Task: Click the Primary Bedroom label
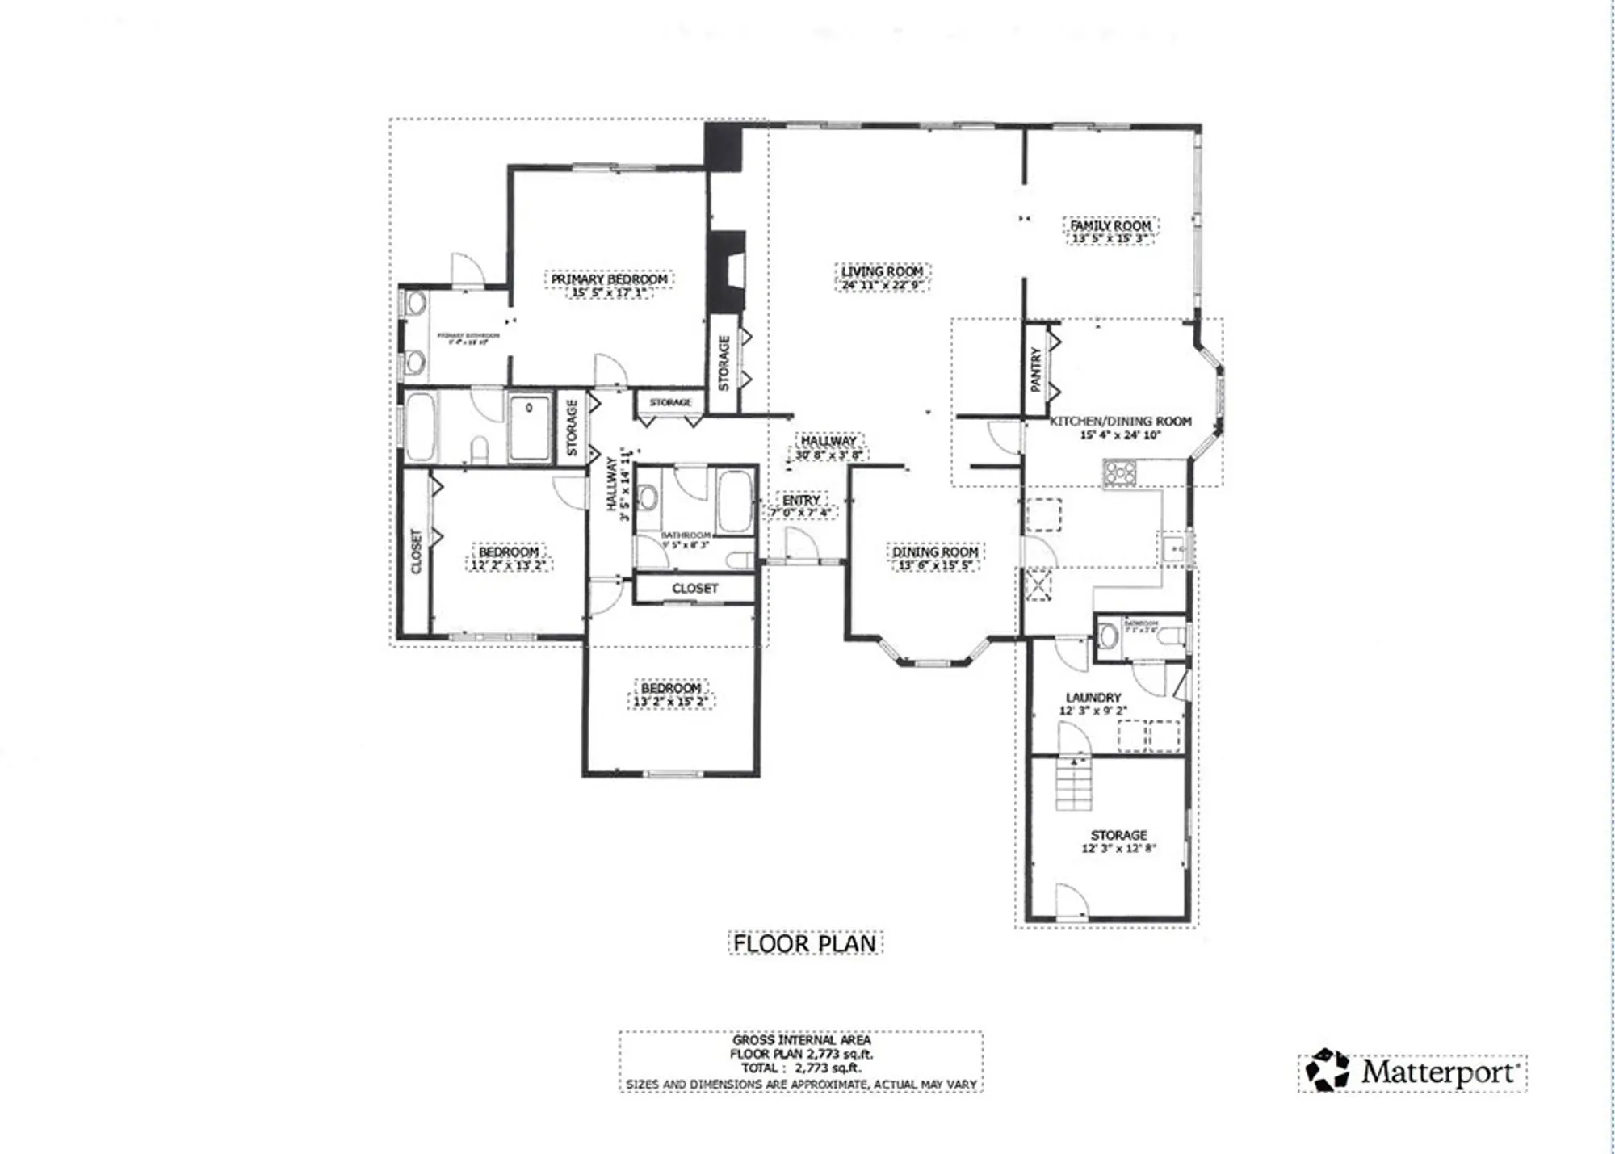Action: tap(609, 279)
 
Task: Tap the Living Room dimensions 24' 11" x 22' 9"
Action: tap(881, 285)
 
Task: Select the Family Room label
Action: tap(1110, 225)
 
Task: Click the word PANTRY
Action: tap(1036, 370)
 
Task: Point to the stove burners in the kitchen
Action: tap(1120, 472)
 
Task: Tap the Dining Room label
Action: tap(935, 552)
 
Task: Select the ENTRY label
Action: tap(800, 500)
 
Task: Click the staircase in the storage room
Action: tap(1074, 784)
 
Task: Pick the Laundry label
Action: tap(1093, 697)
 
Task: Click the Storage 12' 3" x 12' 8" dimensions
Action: tap(1118, 848)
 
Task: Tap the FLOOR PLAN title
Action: tap(804, 943)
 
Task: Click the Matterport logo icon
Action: tap(1327, 1071)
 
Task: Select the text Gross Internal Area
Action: tap(801, 1040)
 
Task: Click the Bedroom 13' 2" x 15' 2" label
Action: tap(670, 688)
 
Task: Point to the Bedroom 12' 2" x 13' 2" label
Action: tap(508, 552)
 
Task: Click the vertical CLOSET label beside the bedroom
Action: tap(417, 551)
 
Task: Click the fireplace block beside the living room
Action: tap(725, 271)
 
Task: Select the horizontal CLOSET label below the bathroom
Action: tap(694, 588)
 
